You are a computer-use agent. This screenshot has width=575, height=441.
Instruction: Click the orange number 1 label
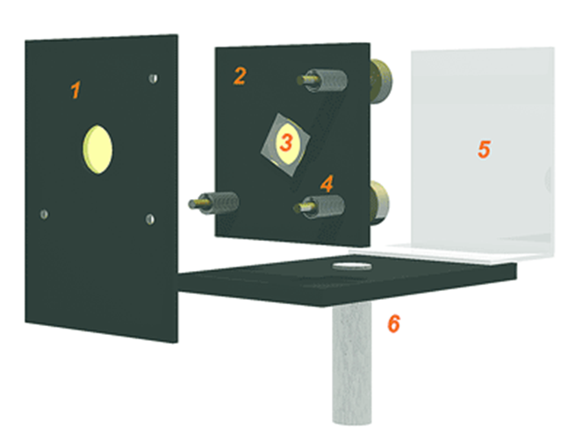[x=75, y=90]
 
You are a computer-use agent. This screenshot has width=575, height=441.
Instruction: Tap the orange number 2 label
[x=240, y=76]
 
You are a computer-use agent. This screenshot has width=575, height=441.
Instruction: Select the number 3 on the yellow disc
[x=286, y=143]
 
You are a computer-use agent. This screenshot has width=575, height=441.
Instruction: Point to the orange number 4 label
[x=327, y=183]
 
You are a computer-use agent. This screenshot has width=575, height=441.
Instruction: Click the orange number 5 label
[x=484, y=149]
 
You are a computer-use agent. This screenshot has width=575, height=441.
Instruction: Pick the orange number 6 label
[x=394, y=324]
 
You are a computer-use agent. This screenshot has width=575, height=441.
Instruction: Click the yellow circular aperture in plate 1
[x=97, y=149]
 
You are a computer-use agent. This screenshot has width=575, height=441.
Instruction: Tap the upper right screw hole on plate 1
[x=154, y=78]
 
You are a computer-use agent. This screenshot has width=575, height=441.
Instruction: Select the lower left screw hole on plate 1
[x=44, y=214]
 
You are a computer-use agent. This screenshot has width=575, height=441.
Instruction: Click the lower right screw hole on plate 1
[x=150, y=219]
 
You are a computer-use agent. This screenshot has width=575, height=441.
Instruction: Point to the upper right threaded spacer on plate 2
[x=322, y=81]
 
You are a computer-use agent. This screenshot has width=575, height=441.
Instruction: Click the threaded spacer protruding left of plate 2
[x=214, y=203]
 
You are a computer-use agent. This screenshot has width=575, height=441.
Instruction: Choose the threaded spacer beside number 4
[x=320, y=207]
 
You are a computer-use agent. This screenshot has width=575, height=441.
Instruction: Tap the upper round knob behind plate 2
[x=381, y=81]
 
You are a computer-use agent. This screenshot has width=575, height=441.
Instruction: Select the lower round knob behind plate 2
[x=379, y=203]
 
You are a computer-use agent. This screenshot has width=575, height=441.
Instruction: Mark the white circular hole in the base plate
[x=352, y=266]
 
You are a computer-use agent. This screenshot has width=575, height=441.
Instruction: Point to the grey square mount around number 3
[x=285, y=145]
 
